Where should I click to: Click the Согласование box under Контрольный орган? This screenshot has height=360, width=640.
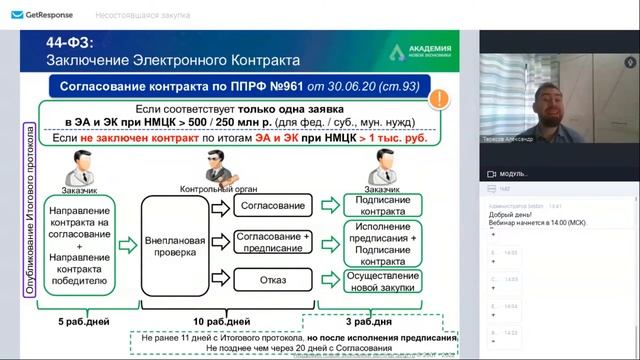click(271, 205)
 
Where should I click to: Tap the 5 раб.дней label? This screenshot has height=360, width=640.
click(76, 322)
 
